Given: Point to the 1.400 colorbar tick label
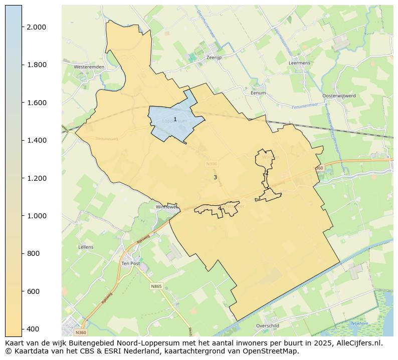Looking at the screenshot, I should click(37, 141).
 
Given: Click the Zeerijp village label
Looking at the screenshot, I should click(214, 58).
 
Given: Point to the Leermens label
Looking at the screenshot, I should click(300, 64).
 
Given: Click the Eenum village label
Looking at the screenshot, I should click(258, 93).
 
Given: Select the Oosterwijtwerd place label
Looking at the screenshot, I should click(339, 96).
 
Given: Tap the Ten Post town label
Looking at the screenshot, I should click(130, 263).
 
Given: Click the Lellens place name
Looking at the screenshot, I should click(86, 247).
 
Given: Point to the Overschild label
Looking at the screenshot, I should click(267, 326).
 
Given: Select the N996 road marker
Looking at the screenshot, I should click(211, 164).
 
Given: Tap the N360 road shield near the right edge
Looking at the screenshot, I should click(318, 168).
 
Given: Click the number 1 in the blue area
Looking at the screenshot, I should click(175, 119).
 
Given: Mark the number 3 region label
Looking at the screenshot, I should click(215, 178).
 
